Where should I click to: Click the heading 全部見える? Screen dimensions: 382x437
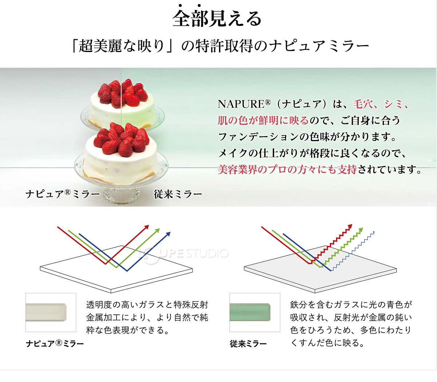[217, 18]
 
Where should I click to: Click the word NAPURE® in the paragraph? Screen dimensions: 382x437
[244, 104]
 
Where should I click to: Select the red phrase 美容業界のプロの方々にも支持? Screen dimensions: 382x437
[287, 170]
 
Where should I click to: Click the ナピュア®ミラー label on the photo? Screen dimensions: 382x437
[63, 194]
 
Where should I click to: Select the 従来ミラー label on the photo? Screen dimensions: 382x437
[178, 194]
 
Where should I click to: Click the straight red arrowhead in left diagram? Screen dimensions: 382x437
[147, 227]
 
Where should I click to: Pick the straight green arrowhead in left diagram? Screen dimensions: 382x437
[158, 230]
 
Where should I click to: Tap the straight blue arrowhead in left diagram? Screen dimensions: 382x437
[168, 234]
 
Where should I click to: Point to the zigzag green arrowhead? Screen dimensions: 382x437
[361, 230]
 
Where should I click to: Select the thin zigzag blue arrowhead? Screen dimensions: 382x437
[373, 232]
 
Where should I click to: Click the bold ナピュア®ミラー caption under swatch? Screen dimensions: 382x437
[55, 343]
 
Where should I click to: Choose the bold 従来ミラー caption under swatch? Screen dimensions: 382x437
[248, 343]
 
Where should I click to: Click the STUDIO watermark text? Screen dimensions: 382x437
[208, 254]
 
